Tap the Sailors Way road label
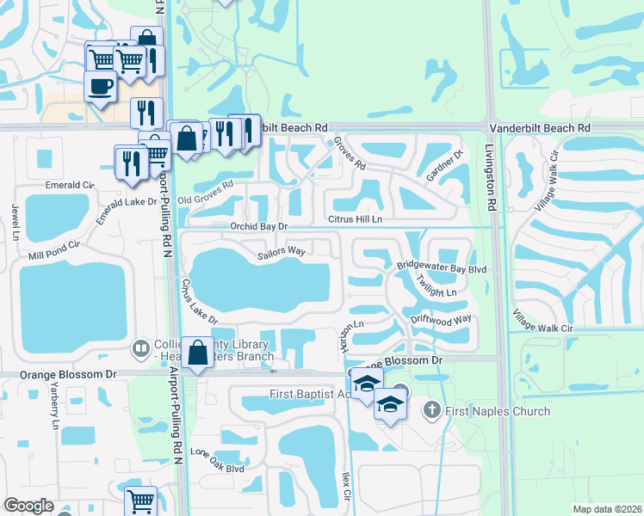(x=282, y=250)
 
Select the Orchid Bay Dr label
(x=257, y=226)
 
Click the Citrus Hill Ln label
(x=354, y=220)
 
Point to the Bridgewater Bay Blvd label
(x=442, y=268)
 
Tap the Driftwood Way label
(x=441, y=318)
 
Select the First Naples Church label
(x=498, y=411)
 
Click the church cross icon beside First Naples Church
(x=433, y=411)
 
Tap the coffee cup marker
(x=101, y=86)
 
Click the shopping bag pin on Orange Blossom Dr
(x=198, y=353)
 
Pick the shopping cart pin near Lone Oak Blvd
(x=139, y=501)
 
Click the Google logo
(x=28, y=506)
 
